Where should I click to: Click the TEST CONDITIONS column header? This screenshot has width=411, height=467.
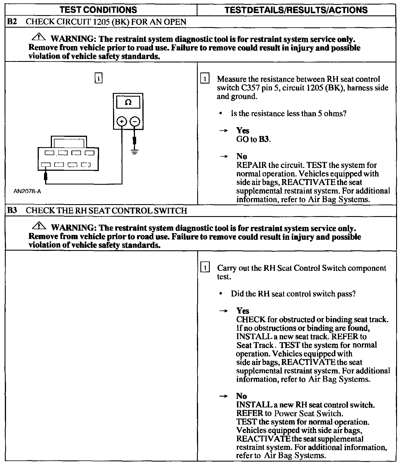(98, 10)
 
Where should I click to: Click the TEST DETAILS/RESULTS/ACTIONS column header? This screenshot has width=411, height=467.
(296, 10)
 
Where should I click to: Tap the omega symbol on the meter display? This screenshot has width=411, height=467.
(128, 102)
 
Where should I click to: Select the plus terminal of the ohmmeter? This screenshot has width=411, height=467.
(122, 122)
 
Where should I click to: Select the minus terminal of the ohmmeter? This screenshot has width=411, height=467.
(135, 122)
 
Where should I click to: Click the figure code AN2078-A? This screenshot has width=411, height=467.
(27, 191)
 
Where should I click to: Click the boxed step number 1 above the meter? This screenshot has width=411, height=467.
(98, 78)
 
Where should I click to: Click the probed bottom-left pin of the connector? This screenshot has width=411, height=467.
(46, 165)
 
